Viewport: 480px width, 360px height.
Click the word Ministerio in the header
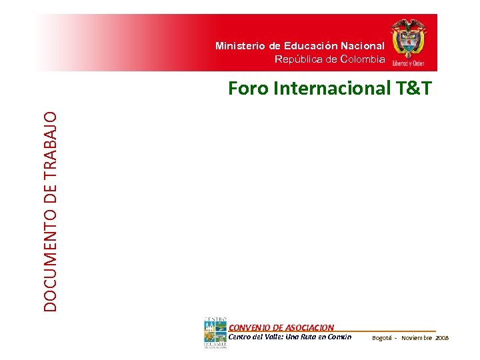240,46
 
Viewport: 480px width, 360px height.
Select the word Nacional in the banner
363,46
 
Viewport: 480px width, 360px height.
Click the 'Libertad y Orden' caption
409,63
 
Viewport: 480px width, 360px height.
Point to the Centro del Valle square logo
215,334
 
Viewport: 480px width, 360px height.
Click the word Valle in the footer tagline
275,337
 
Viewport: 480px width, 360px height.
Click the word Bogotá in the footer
382,338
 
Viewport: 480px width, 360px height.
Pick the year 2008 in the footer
443,338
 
